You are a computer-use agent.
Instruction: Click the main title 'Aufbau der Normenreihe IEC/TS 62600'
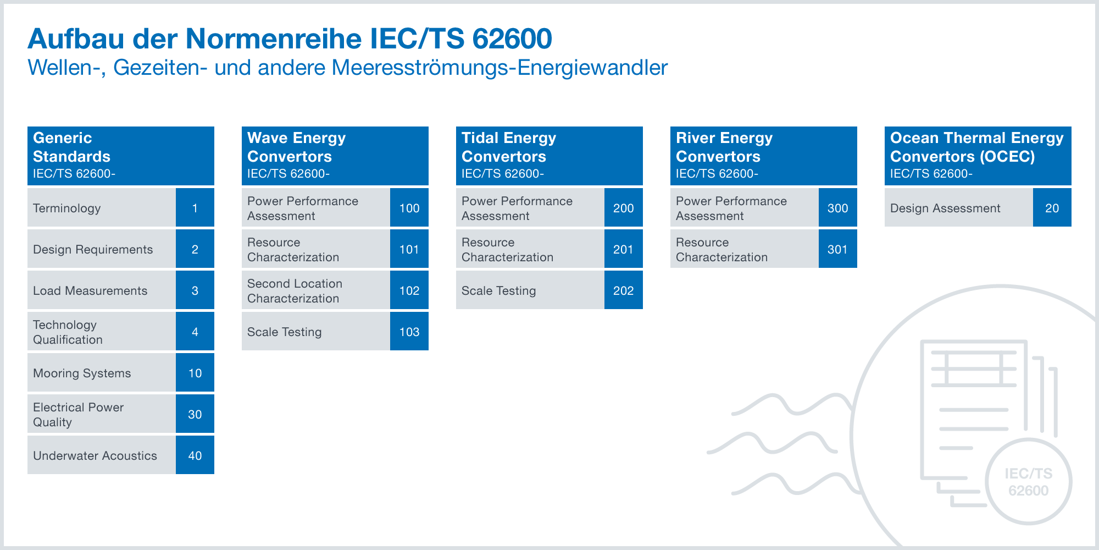point(290,38)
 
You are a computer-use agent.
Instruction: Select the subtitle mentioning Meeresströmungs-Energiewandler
point(347,68)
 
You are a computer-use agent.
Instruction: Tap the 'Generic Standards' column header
point(121,156)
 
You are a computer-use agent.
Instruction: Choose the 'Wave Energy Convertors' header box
point(335,156)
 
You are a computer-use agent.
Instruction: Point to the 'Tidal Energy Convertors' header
point(549,156)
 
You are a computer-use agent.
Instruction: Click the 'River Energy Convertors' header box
point(764,156)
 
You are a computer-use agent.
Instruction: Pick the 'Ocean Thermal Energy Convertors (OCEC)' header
point(978,156)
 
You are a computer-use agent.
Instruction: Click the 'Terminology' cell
point(102,207)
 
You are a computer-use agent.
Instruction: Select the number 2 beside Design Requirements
point(195,249)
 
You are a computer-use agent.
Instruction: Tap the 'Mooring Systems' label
point(82,373)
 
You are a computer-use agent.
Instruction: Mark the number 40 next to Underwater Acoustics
point(195,455)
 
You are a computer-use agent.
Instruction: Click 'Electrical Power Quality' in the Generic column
point(78,414)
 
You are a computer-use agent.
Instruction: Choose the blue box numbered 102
point(409,290)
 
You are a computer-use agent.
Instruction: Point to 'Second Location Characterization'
point(295,290)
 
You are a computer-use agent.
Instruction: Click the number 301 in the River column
point(838,249)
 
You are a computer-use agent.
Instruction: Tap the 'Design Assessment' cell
point(959,207)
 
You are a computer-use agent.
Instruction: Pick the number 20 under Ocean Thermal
point(1052,207)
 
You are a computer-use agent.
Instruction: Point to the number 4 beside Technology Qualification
point(195,331)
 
